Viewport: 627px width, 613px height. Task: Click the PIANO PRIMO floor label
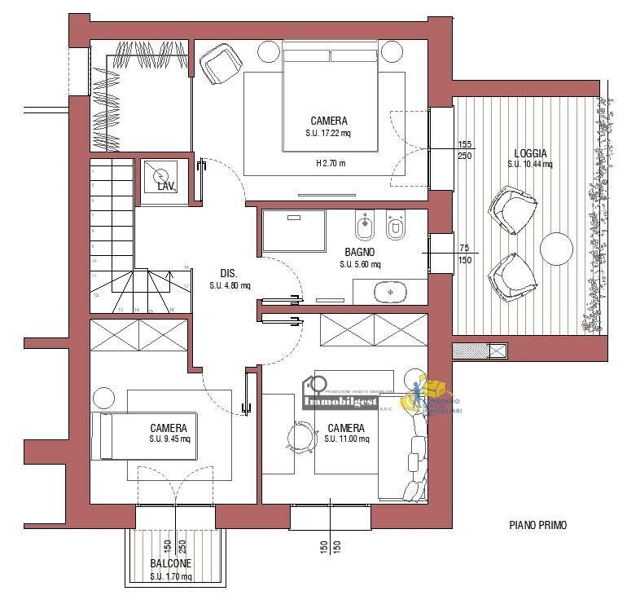(537, 526)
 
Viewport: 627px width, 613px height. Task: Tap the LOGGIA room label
(530, 153)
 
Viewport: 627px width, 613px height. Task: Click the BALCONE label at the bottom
(171, 564)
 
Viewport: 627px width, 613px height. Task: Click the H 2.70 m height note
(331, 163)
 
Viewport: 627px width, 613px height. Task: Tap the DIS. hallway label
(229, 274)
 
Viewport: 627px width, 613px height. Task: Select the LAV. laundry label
(166, 187)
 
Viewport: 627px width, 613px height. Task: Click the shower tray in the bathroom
(293, 230)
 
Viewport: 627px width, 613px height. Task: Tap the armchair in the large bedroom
(217, 63)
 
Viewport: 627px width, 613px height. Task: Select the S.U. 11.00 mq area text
(346, 439)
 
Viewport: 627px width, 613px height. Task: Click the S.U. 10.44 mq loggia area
(530, 164)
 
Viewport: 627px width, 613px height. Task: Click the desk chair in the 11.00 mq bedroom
(300, 437)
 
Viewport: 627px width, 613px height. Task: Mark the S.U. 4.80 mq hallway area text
(230, 285)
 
